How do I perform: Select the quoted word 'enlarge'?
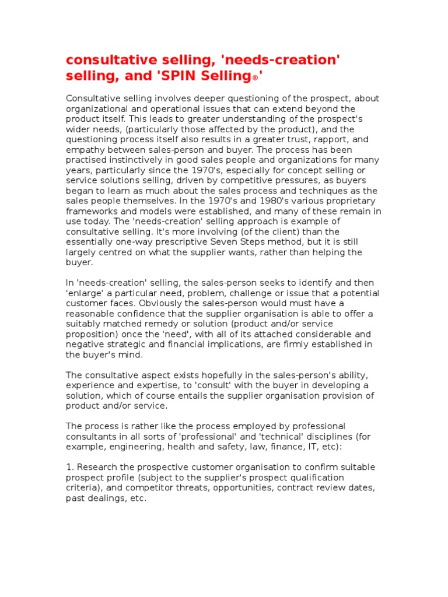point(85,293)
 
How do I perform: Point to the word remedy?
point(155,324)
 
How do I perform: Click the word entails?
point(202,395)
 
